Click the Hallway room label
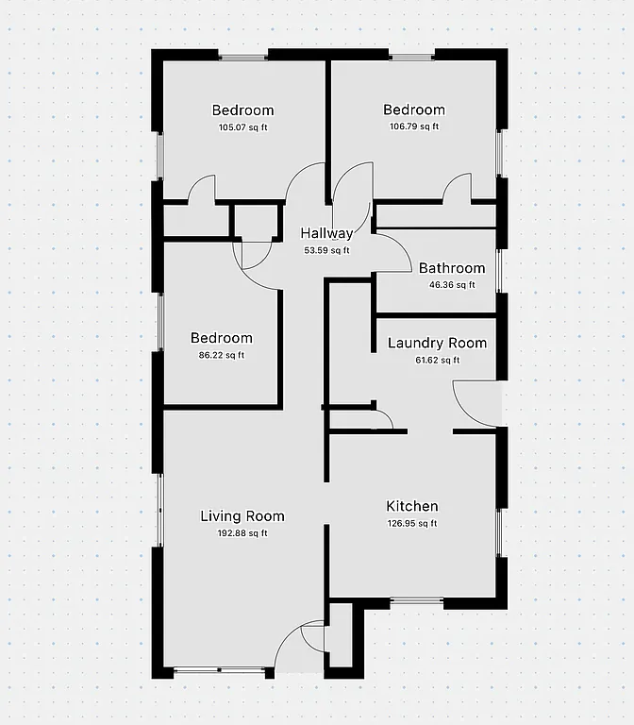click(x=326, y=234)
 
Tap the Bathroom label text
click(x=452, y=268)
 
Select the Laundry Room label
click(x=437, y=343)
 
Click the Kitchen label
click(x=412, y=507)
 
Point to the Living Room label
click(x=242, y=516)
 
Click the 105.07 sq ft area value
click(x=242, y=127)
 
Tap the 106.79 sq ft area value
click(x=414, y=126)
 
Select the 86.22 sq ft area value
click(x=222, y=356)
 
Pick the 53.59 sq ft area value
click(x=326, y=251)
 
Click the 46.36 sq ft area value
click(x=452, y=285)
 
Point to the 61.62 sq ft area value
click(x=437, y=360)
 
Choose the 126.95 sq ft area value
click(x=412, y=524)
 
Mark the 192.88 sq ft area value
click(x=242, y=533)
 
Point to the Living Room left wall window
click(x=159, y=510)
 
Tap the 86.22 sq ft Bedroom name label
click(x=222, y=338)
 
